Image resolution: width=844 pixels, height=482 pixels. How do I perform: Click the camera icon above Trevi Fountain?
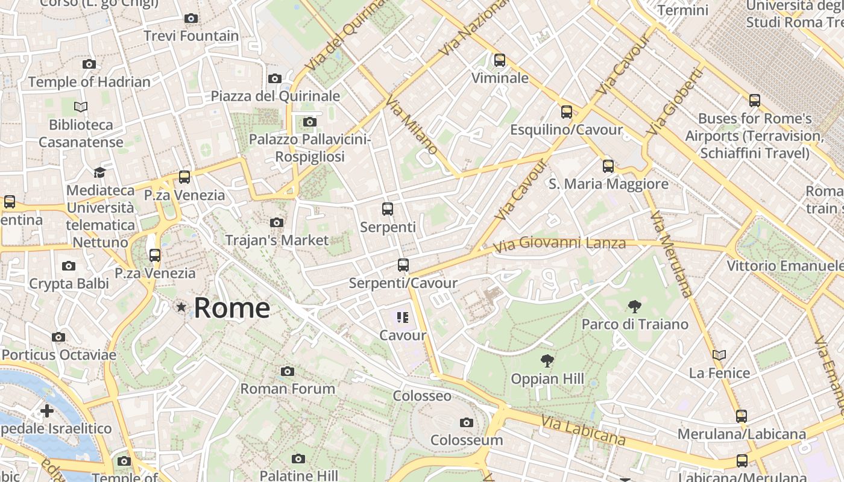coord(191,19)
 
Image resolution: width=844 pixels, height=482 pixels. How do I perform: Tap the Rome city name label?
coord(232,308)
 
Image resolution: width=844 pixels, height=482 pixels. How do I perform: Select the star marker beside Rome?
coord(181,307)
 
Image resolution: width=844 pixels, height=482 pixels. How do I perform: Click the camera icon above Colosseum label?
coord(466,423)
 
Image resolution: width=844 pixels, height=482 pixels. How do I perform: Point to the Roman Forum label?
coord(288,389)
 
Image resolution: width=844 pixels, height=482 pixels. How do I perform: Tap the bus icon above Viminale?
coord(499,60)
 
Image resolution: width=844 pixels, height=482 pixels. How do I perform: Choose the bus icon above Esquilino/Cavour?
coord(566,112)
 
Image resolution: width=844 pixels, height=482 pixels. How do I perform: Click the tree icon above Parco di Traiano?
coord(634,307)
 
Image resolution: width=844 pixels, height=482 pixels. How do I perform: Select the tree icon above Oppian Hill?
coord(547,361)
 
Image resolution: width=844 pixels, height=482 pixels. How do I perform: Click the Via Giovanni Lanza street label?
coord(559,244)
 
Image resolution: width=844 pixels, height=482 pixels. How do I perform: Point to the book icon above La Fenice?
coord(719,355)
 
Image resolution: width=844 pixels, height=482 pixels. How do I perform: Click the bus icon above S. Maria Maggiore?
coord(608,166)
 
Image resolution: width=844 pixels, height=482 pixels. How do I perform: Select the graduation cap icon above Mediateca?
coord(99,173)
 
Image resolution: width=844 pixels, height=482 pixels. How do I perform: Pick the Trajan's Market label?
coord(277,240)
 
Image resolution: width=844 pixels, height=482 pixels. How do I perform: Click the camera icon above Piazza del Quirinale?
coord(275,79)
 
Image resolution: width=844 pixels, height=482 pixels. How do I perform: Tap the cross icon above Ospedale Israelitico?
coord(47,412)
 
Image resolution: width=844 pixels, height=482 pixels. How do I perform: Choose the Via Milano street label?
coord(412,124)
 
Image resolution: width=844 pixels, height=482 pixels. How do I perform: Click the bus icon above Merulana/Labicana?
coord(741,416)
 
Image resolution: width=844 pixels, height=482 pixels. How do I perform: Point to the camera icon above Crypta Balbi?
coord(69,266)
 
